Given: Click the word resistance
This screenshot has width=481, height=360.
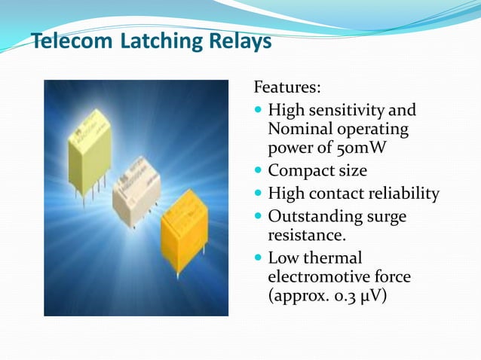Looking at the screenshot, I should coord(305,235).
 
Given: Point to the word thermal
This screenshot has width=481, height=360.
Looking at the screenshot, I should coord(332,258).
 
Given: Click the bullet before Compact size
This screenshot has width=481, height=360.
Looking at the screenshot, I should coord(259,170).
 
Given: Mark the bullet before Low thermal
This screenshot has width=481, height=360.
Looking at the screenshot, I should coord(259,258).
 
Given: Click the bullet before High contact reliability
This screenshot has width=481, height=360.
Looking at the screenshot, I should coord(259,194).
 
